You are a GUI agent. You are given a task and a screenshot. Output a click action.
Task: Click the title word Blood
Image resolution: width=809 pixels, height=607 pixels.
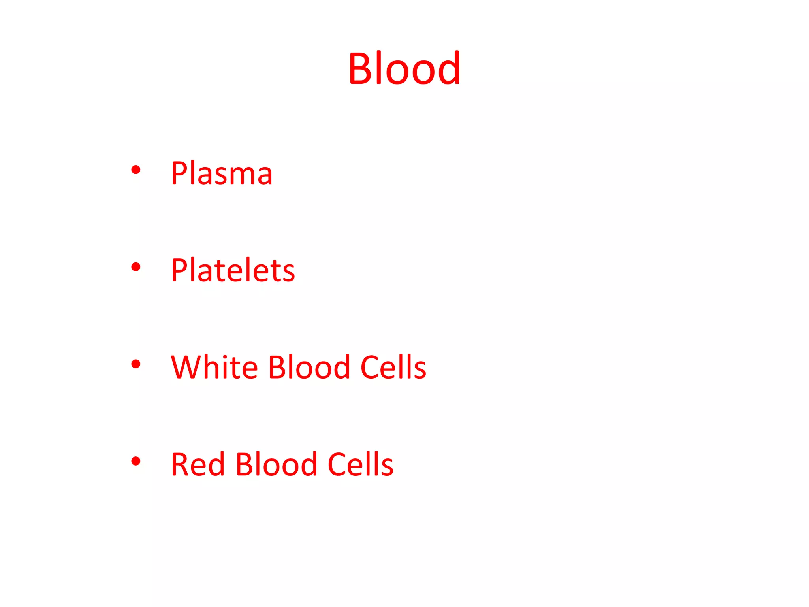(404, 68)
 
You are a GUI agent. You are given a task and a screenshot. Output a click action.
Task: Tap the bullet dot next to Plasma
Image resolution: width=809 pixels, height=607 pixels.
(135, 170)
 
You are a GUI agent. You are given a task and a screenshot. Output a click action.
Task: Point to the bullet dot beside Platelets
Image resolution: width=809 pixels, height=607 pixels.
(135, 267)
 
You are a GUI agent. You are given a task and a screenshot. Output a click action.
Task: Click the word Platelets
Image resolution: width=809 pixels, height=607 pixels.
(233, 270)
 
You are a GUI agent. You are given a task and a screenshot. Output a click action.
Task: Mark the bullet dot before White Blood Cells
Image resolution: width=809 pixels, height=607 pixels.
(135, 364)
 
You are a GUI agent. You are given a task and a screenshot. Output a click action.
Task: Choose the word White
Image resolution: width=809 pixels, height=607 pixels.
(214, 367)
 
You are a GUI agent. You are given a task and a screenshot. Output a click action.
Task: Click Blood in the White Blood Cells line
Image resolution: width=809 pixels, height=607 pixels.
(309, 367)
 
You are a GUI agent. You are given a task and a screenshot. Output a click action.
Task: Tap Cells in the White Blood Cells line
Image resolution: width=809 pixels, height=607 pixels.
(393, 367)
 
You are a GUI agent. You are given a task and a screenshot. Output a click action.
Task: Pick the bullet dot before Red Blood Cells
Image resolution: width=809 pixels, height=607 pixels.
(135, 461)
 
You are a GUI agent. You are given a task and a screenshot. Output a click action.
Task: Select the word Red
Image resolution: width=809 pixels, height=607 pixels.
(198, 464)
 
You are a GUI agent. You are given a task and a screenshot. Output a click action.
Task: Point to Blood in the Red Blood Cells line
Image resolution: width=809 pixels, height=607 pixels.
(277, 464)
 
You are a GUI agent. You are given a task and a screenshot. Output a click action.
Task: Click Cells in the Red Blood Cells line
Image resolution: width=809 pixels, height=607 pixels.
(361, 464)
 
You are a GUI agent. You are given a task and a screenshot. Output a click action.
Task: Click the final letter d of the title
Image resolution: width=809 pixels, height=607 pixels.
(449, 68)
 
